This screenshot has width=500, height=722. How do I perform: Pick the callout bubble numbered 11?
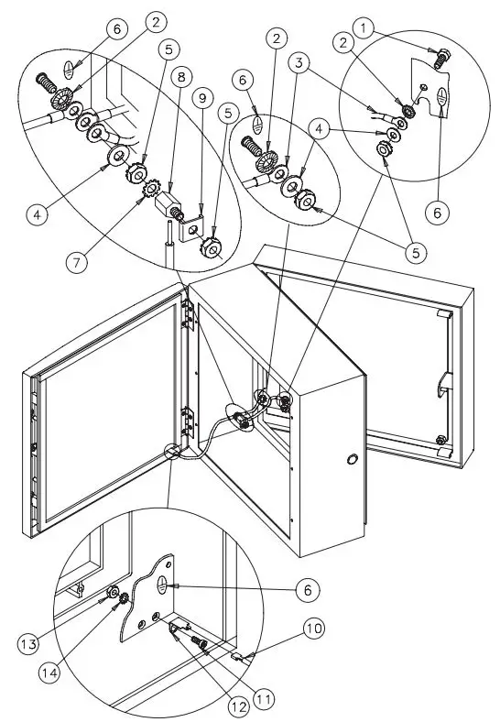click(266, 698)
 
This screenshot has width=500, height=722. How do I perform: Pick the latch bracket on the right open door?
click(443, 381)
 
